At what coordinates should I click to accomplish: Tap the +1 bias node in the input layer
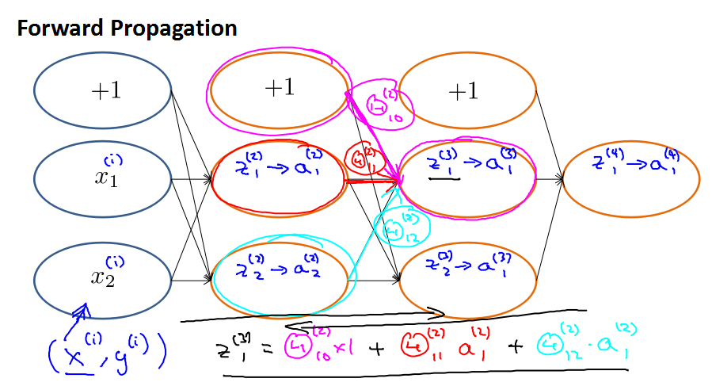(104, 90)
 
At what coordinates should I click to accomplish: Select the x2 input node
(104, 279)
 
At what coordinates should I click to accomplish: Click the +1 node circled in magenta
(279, 88)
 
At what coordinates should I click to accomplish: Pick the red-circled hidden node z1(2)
(279, 175)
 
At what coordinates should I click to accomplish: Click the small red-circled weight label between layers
(364, 158)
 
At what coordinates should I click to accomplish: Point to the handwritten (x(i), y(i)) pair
(106, 354)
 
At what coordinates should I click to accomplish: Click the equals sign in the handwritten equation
(267, 350)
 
